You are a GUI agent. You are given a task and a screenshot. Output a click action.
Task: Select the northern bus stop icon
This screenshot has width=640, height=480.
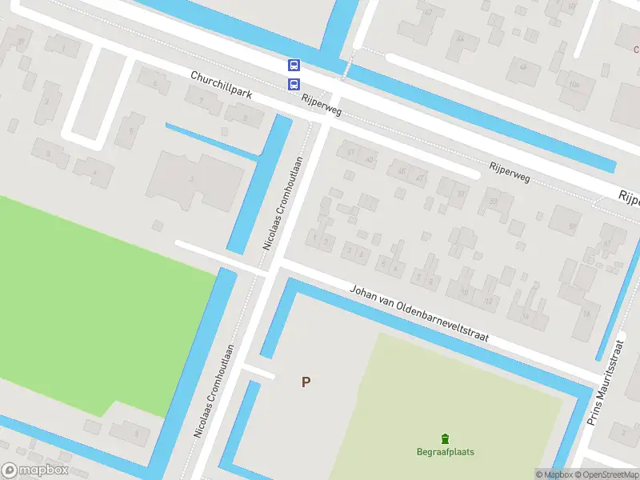tap(294, 66)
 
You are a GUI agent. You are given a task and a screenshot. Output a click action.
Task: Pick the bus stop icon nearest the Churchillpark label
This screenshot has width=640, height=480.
tap(294, 84)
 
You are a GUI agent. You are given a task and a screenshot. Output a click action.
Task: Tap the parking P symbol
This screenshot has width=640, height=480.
tap(306, 382)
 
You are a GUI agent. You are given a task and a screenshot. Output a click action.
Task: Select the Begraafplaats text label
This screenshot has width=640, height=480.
tap(445, 452)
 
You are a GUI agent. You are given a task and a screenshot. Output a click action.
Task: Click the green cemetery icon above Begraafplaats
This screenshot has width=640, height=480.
tap(445, 438)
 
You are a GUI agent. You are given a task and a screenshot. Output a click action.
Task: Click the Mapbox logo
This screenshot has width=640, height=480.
tap(35, 470)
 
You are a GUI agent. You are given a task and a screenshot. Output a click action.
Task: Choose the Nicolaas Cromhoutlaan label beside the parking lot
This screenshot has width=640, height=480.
tap(214, 390)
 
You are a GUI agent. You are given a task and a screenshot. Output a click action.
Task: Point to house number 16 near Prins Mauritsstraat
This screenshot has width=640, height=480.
tap(586, 314)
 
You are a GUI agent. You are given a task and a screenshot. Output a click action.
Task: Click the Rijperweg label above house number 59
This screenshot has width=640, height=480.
tap(509, 170)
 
